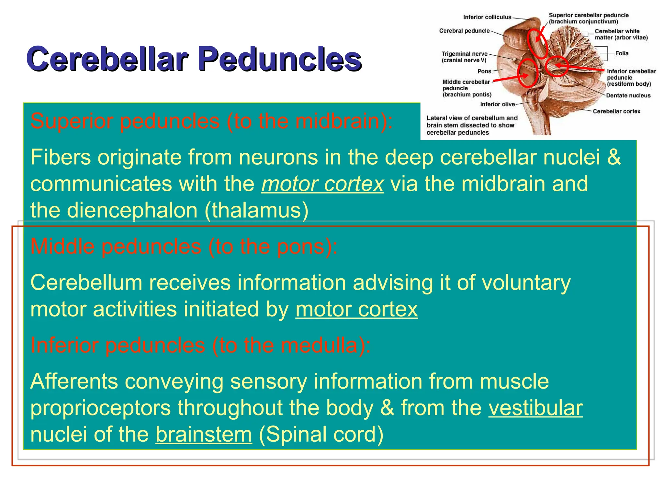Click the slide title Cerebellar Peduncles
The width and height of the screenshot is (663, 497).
pos(194,59)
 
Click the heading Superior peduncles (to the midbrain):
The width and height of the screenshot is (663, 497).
pos(211,121)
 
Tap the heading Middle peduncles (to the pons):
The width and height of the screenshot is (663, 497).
pos(184,247)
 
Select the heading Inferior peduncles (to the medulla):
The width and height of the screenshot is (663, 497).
pos(200,345)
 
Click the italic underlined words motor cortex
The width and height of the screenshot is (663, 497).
pos(322,184)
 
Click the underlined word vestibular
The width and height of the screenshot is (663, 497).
pos(535,408)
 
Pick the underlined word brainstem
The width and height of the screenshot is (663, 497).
pos(203,434)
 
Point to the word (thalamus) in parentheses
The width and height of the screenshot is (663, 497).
pos(256,210)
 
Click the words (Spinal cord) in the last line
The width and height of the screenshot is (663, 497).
pos(321,434)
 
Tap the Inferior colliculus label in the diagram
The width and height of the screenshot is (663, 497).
pos(487,17)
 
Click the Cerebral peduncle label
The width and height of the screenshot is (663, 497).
pos(464,31)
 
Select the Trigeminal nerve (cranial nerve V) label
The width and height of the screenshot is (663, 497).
pos(464,57)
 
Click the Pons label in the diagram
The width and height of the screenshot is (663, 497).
pos(484,71)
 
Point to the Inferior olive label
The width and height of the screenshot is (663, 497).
pos(497,104)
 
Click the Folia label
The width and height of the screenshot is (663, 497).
pos(622,53)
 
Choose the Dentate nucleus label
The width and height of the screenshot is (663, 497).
pos(628,95)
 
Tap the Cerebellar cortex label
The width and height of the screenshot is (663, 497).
pos(616,111)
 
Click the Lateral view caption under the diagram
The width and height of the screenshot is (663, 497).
pos(472,125)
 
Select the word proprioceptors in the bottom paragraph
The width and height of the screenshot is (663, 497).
pos(100,408)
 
